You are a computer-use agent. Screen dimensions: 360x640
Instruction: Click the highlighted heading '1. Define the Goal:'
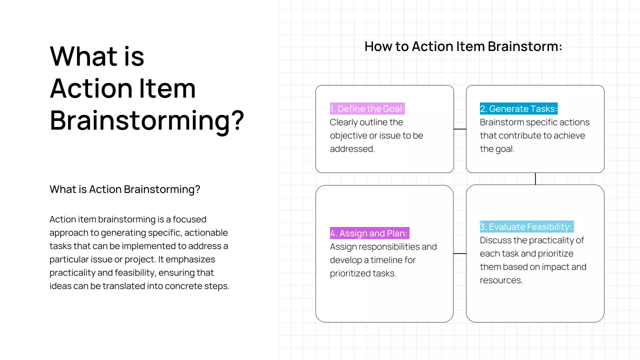tap(367, 109)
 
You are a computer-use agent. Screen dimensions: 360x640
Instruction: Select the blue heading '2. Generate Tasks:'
tap(518, 109)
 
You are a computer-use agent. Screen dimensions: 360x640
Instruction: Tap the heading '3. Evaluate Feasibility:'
tap(526, 227)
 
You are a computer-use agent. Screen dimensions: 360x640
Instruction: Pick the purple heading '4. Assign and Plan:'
tap(369, 233)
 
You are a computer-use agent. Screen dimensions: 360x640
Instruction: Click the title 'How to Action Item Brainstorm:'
tap(463, 46)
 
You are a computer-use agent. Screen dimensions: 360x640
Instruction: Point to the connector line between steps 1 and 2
tap(460, 129)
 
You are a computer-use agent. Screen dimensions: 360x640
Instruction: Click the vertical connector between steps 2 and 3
tap(535, 179)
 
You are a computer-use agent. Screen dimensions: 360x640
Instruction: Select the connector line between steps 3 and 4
tap(459, 253)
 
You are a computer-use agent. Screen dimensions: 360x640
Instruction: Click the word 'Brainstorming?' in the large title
tap(147, 120)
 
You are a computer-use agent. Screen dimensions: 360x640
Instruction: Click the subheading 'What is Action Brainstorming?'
tap(125, 189)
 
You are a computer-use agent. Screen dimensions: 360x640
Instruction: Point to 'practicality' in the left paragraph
tap(74, 273)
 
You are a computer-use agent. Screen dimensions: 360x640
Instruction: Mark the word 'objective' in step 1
tap(348, 135)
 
